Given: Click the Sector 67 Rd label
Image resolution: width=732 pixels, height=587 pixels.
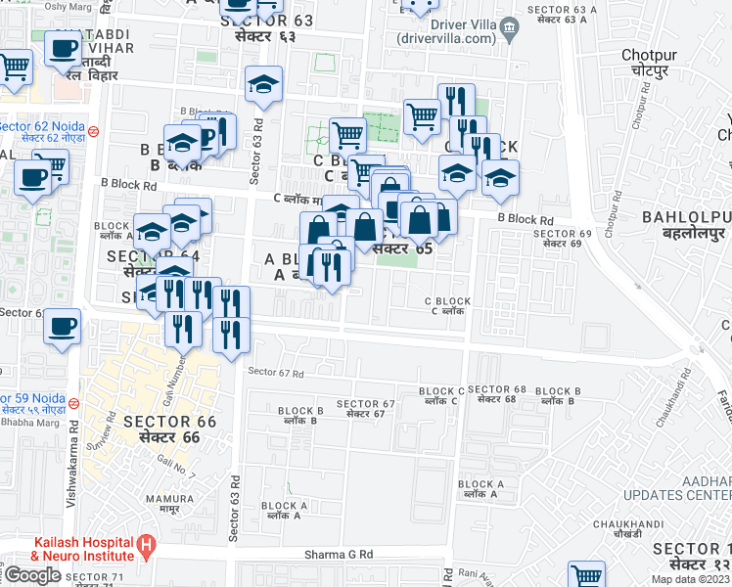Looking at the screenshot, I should (x=276, y=372).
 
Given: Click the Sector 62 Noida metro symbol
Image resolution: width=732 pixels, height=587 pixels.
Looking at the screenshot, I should (x=93, y=130).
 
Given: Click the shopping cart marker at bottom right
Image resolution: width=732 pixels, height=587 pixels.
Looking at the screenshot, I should (x=585, y=576).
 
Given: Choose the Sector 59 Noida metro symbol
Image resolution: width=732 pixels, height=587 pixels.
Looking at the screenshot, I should (x=85, y=402).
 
